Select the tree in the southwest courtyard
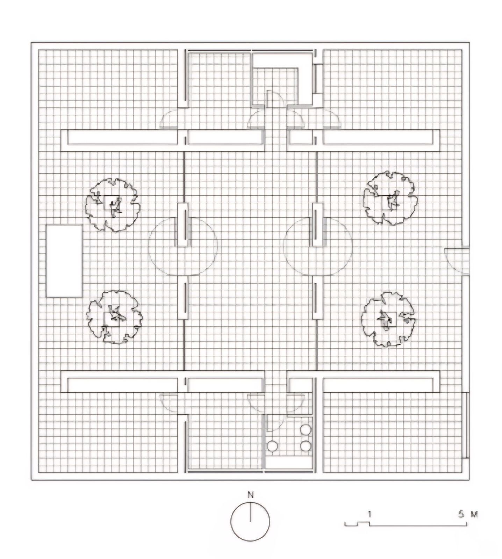(114, 317)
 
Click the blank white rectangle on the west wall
(64, 261)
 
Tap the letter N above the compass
(250, 494)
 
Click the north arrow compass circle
(250, 522)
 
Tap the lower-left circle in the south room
(272, 445)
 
